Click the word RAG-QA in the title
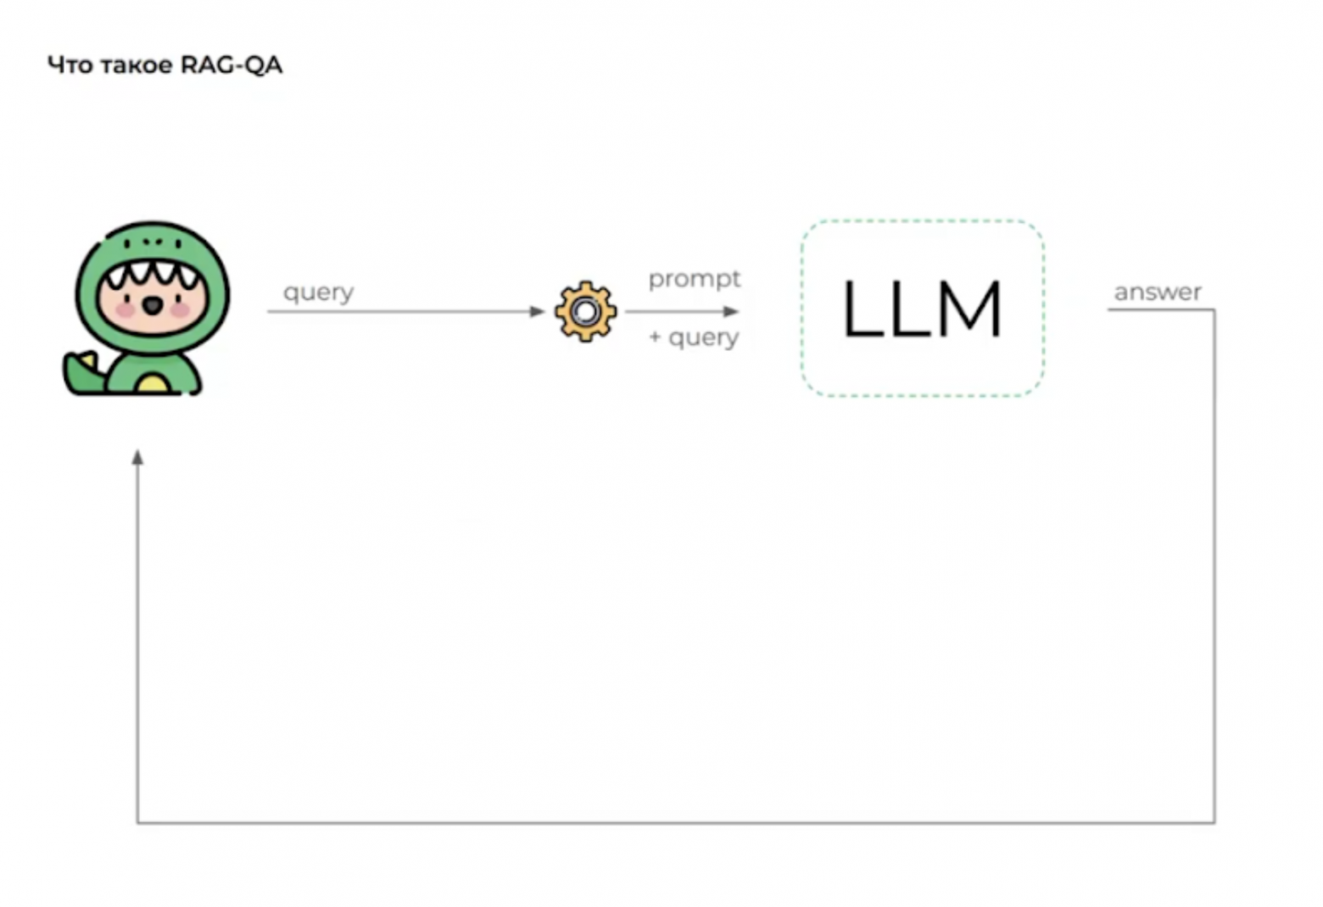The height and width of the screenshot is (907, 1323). click(231, 65)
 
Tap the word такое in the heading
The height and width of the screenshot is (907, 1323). click(137, 65)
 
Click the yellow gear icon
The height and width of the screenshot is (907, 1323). click(585, 311)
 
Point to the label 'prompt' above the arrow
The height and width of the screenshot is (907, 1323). click(694, 279)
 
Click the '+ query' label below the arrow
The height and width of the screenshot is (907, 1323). click(694, 337)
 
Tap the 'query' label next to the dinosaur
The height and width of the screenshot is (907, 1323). click(318, 292)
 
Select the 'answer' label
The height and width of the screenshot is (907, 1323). click(1157, 292)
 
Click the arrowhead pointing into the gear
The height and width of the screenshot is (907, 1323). click(537, 311)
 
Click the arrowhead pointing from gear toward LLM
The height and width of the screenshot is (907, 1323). click(732, 311)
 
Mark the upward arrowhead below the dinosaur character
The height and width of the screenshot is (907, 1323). click(137, 458)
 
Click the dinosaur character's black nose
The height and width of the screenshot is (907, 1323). click(153, 305)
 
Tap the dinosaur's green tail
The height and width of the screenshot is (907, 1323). click(83, 375)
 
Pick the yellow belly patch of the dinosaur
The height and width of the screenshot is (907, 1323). click(153, 385)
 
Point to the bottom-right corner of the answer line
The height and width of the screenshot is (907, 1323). click(1214, 822)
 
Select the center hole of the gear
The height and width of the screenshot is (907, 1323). click(585, 312)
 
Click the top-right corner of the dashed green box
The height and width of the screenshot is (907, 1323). click(1043, 222)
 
